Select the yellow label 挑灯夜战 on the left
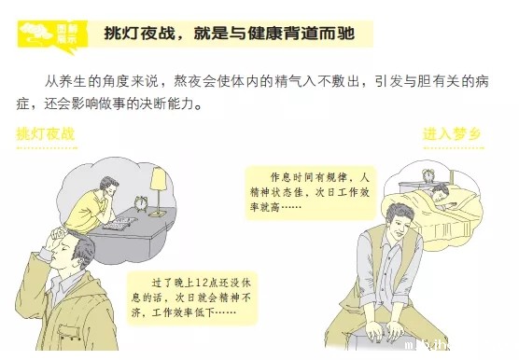pos(46,134)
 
